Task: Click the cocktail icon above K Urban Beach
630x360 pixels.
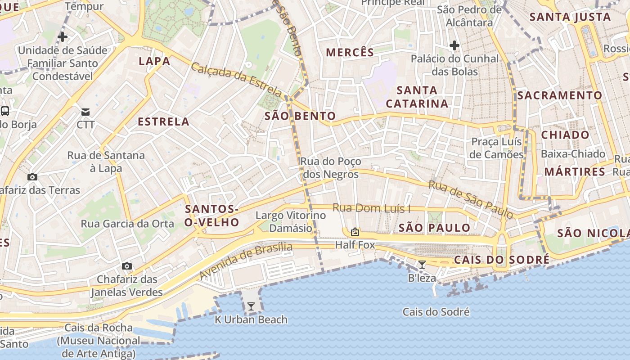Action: click(251, 306)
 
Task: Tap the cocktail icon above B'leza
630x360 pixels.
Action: click(422, 265)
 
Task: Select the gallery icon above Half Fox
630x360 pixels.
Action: click(355, 232)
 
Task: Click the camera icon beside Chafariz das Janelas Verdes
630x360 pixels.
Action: click(127, 266)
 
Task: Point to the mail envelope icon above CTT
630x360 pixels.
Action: click(85, 112)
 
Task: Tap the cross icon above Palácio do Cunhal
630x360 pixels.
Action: click(454, 45)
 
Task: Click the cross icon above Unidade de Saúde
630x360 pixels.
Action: click(63, 37)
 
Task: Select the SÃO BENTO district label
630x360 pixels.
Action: click(300, 116)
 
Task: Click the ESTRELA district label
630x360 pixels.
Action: click(163, 122)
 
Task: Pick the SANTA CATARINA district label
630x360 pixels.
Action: click(417, 97)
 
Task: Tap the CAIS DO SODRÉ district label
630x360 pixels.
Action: click(502, 260)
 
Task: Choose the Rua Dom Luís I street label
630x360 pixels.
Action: click(372, 208)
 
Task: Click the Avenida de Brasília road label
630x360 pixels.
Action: click(246, 260)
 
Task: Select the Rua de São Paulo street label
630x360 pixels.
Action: click(471, 199)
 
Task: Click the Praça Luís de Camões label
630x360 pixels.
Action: click(496, 148)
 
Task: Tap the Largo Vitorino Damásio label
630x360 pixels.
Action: click(291, 221)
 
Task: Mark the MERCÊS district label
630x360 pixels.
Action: click(350, 53)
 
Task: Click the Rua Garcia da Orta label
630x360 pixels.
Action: click(127, 224)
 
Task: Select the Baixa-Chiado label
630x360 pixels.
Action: click(573, 154)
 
